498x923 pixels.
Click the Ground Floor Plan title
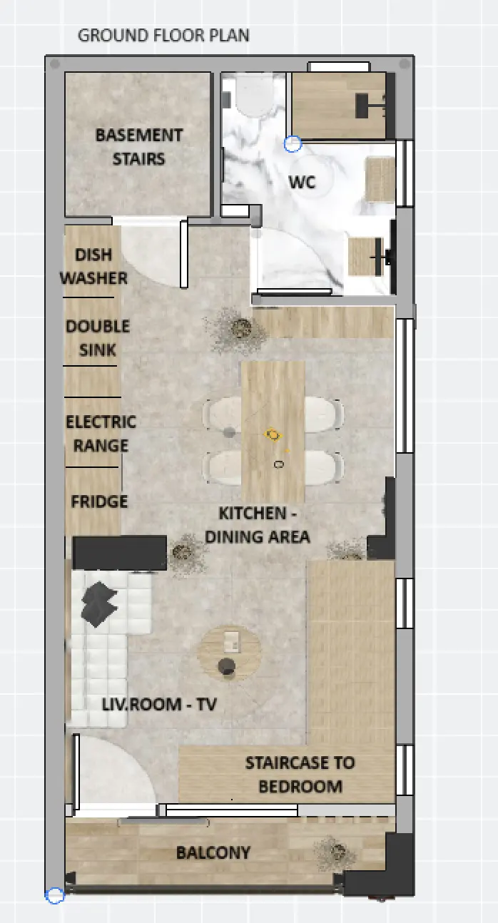163,36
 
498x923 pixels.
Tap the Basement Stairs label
139,147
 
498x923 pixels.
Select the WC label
303,182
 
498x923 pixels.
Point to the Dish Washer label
93,266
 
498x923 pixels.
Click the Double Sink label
98,338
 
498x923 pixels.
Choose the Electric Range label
101,434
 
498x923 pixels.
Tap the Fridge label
99,501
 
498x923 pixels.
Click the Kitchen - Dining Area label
258,525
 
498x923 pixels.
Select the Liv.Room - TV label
159,704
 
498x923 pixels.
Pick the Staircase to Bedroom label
300,775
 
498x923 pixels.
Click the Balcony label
213,852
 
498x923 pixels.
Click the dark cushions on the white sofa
99,603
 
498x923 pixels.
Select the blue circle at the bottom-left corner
55,895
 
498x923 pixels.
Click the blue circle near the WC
293,144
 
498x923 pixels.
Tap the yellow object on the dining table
273,434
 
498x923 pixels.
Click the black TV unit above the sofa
120,553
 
